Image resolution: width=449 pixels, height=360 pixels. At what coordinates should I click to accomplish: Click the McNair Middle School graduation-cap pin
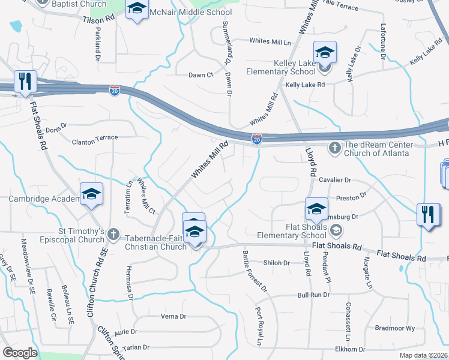137,10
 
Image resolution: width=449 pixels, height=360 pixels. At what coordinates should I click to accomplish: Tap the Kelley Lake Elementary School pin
325,53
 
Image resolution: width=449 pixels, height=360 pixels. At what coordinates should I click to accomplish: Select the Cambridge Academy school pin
91,194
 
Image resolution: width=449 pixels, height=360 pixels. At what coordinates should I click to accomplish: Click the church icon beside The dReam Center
334,147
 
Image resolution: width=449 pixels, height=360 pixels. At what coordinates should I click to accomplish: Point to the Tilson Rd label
98,19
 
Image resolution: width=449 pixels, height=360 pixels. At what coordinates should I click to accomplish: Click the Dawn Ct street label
201,75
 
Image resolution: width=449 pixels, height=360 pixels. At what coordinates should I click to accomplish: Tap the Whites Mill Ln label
270,42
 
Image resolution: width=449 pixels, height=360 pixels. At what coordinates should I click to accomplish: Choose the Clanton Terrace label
95,139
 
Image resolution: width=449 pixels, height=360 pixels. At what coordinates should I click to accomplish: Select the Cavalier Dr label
335,180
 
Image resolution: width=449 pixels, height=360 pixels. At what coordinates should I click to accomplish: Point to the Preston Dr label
351,196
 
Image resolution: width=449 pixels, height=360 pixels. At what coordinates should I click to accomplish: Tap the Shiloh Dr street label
276,263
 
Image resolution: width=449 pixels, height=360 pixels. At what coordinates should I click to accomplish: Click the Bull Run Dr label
314,295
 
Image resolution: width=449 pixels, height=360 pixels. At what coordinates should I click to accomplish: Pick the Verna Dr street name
173,316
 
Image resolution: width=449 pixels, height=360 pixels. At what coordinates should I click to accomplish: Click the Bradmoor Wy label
394,328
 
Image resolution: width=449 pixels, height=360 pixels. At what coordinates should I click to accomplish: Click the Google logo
20,353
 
